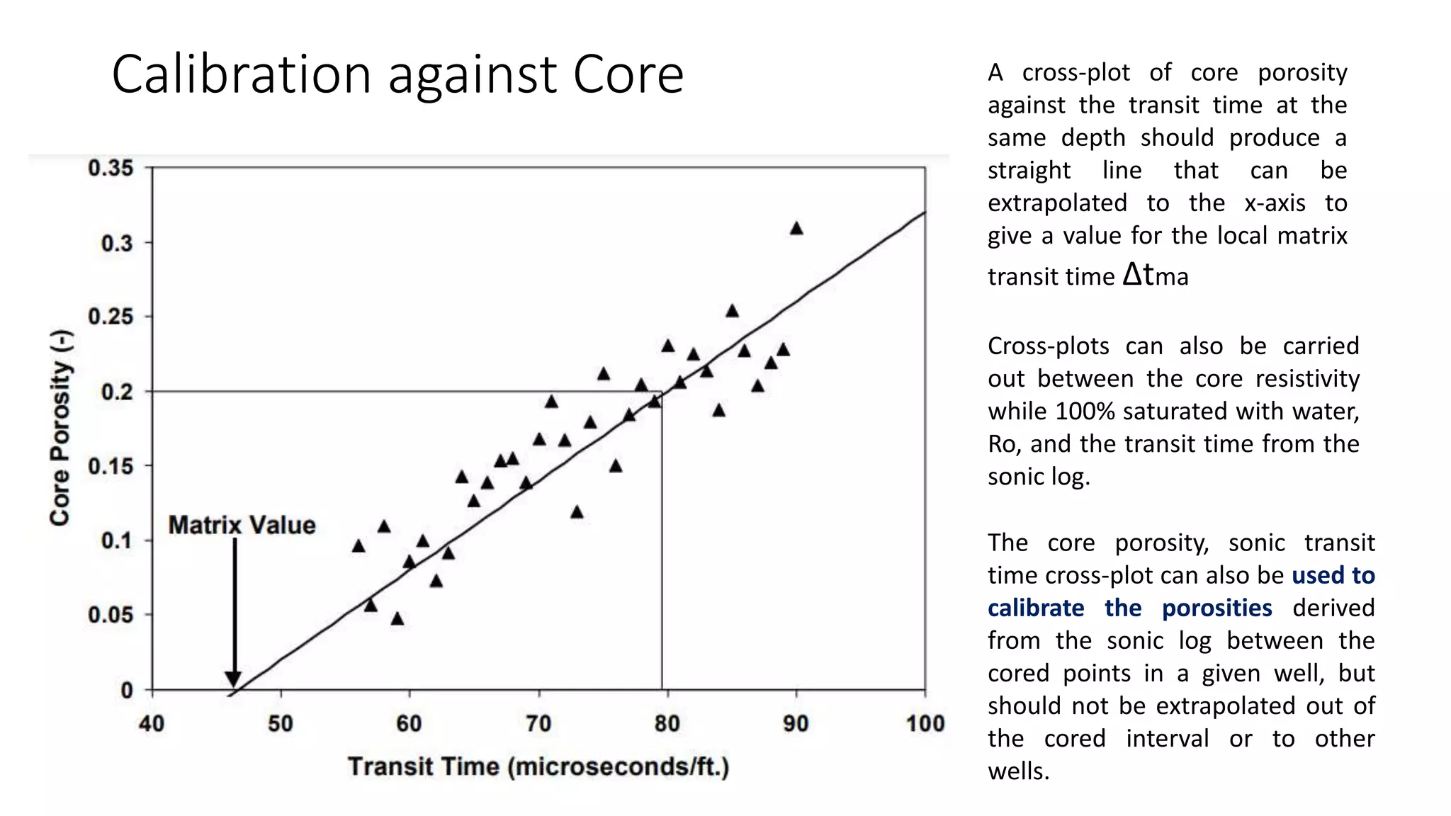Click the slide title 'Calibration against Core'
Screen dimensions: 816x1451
pyautogui.click(x=397, y=74)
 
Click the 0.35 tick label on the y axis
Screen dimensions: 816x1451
pyautogui.click(x=111, y=169)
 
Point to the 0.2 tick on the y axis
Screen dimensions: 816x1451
pyautogui.click(x=117, y=392)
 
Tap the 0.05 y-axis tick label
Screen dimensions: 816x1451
pyautogui.click(x=111, y=615)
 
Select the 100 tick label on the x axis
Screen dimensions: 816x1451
pyautogui.click(x=925, y=724)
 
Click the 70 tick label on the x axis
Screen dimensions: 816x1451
pyautogui.click(x=538, y=724)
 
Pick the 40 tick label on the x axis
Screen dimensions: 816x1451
pyautogui.click(x=152, y=724)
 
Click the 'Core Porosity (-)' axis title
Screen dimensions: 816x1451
pyautogui.click(x=61, y=428)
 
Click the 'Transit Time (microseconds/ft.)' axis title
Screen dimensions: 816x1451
pyautogui.click(x=538, y=767)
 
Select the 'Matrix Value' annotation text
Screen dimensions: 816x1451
pyautogui.click(x=242, y=526)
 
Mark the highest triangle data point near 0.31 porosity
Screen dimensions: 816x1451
pyautogui.click(x=796, y=228)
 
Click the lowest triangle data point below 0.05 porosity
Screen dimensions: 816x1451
pyautogui.click(x=397, y=619)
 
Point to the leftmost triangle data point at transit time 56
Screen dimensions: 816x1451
pyautogui.click(x=358, y=546)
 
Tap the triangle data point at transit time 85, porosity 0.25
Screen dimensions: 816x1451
pyautogui.click(x=732, y=311)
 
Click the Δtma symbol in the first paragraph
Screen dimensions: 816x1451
pyautogui.click(x=1156, y=275)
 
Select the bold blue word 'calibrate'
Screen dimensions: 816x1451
pyautogui.click(x=1036, y=608)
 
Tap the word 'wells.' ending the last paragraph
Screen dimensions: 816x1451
pyautogui.click(x=1018, y=771)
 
